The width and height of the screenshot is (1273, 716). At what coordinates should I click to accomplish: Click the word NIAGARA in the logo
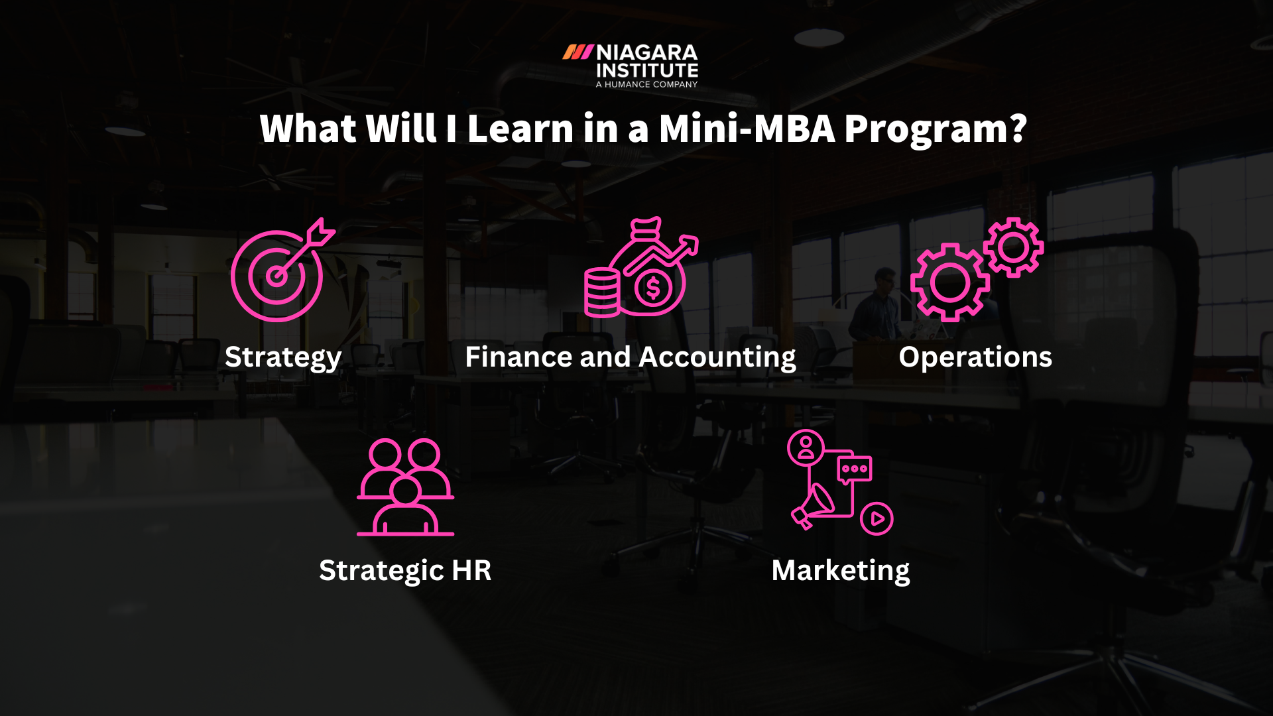[646, 52]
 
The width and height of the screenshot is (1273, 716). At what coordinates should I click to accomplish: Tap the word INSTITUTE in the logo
[646, 70]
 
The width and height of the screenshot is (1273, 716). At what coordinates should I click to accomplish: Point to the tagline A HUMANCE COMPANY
[646, 84]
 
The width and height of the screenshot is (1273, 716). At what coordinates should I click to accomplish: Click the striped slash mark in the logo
[577, 52]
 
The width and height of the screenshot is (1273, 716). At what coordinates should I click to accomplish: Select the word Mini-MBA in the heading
[747, 128]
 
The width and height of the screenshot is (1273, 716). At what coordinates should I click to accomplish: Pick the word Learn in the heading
[520, 128]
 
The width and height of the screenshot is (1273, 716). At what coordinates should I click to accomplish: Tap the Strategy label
[283, 357]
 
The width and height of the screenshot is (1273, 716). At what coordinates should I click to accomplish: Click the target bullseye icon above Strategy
[277, 276]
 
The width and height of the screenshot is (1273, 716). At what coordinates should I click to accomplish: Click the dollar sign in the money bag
[653, 288]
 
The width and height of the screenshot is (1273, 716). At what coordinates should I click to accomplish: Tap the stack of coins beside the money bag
[601, 292]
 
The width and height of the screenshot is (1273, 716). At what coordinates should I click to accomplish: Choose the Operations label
[975, 357]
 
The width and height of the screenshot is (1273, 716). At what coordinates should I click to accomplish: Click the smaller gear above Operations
[1013, 247]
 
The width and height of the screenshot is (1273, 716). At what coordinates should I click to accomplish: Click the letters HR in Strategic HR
[471, 571]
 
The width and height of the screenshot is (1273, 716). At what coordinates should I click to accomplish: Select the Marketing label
[841, 571]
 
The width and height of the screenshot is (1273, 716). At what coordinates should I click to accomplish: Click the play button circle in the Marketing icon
[877, 518]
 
